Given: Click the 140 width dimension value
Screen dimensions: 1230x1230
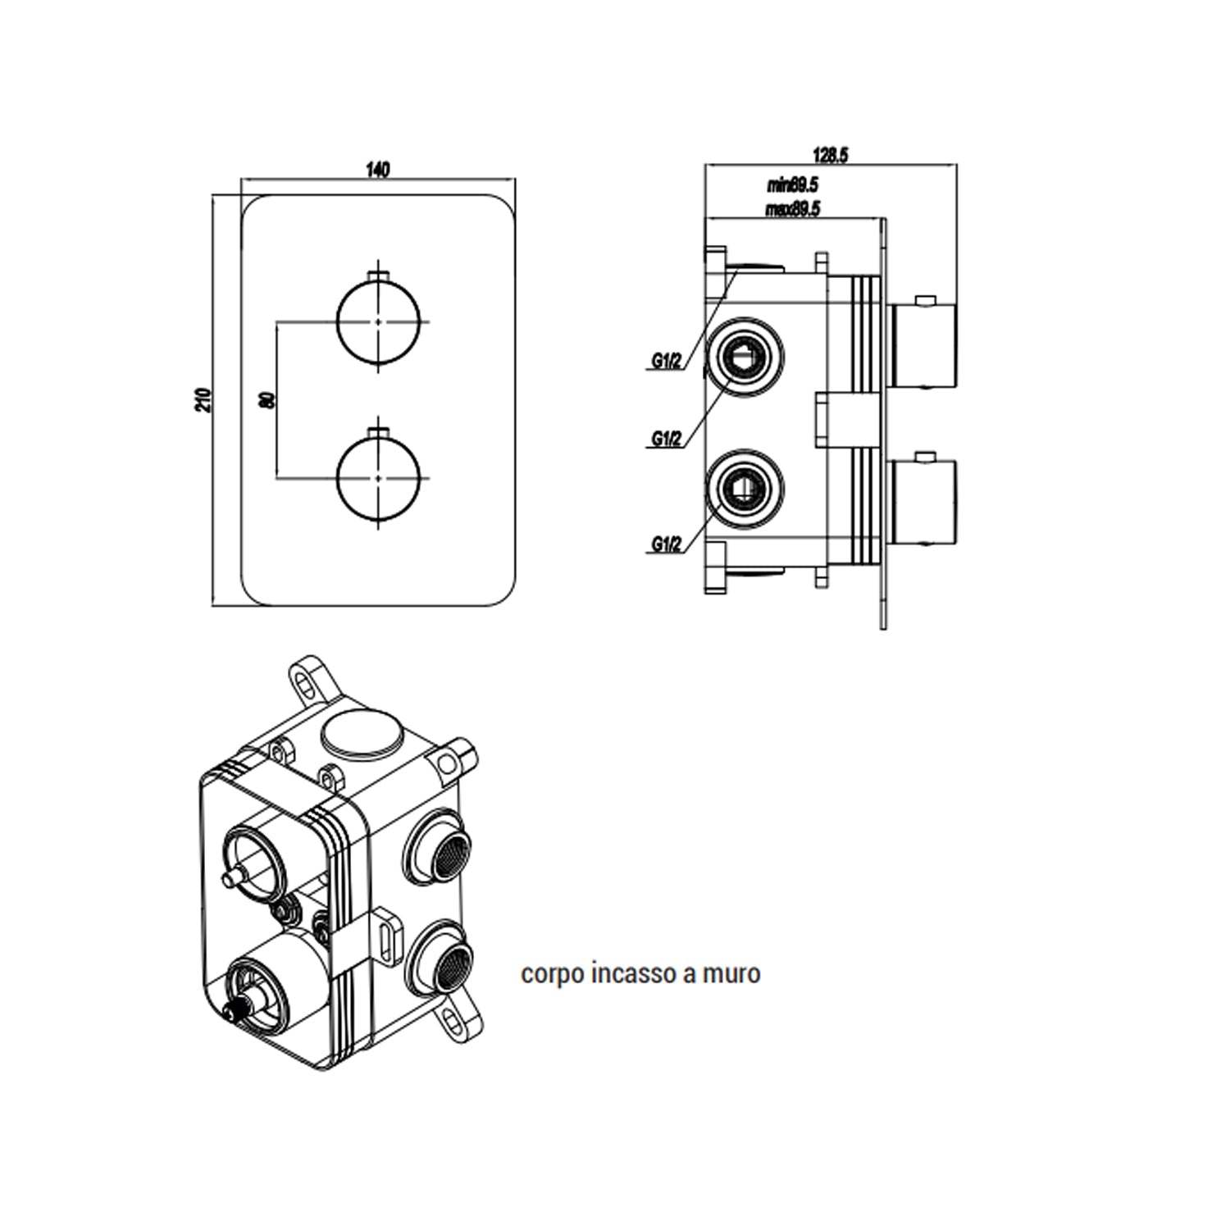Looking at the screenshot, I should (377, 170).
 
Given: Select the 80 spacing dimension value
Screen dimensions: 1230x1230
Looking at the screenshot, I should (266, 400).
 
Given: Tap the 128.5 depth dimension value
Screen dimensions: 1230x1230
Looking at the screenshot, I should (829, 154).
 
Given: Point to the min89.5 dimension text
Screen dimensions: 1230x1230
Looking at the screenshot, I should (792, 186).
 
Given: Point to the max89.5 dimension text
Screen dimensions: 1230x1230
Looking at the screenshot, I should (792, 209).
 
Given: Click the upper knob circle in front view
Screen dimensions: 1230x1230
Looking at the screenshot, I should (378, 322).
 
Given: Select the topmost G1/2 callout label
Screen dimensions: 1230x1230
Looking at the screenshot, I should (666, 362).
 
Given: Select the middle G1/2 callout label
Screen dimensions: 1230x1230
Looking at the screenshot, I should (666, 440).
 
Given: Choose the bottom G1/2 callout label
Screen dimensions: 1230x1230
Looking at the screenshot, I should (666, 544).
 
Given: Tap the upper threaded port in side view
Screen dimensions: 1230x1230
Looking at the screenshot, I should (745, 354).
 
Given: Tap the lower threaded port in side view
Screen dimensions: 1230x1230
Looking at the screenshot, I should (745, 490).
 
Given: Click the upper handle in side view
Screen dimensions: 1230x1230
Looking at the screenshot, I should (923, 344).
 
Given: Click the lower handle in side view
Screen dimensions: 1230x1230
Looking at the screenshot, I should (923, 502).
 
